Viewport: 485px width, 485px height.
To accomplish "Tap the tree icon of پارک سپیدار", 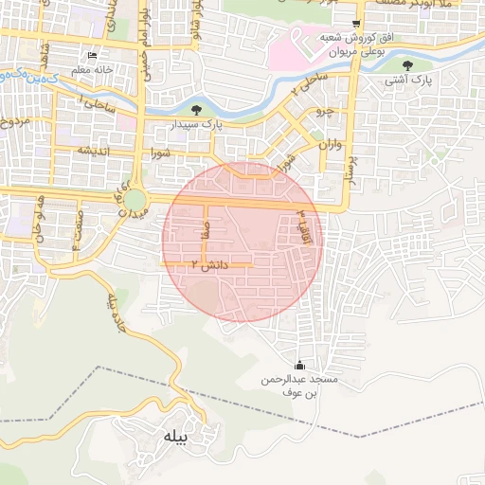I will pos(196,110).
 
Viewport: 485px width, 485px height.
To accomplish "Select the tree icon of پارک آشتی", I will pos(407,65).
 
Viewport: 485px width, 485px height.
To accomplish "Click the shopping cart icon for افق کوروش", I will pos(355,23).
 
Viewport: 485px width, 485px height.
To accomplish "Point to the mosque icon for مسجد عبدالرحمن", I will pos(300,365).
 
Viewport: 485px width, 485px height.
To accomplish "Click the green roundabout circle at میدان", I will pos(135,200).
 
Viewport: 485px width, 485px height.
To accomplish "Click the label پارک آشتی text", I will pos(407,81).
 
